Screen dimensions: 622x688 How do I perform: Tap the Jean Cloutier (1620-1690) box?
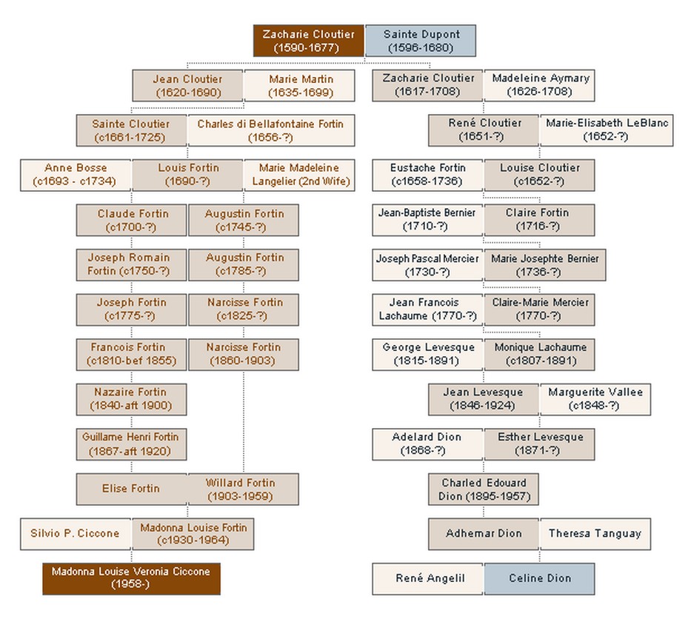(187, 86)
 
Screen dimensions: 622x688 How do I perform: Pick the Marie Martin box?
(301, 86)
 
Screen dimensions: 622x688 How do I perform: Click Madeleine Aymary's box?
(540, 85)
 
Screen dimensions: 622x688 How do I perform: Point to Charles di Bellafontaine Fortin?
(270, 130)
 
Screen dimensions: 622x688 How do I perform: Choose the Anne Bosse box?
(76, 175)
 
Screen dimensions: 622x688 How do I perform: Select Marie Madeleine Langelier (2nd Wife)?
(300, 175)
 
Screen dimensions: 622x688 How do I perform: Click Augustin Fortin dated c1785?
(244, 264)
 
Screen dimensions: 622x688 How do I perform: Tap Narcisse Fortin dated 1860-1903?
(244, 354)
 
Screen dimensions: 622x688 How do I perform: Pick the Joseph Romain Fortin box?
(131, 264)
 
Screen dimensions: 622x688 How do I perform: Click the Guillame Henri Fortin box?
(131, 444)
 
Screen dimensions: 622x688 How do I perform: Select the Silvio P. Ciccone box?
(75, 533)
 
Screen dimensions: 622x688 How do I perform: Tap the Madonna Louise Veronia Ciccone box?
(131, 578)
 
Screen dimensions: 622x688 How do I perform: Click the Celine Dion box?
(539, 578)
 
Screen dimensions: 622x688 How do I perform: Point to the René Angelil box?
(429, 578)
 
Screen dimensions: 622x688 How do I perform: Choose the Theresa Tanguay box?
(595, 533)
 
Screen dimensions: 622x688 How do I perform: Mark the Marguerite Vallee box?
(595, 398)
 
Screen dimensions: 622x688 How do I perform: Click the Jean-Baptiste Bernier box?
(427, 219)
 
